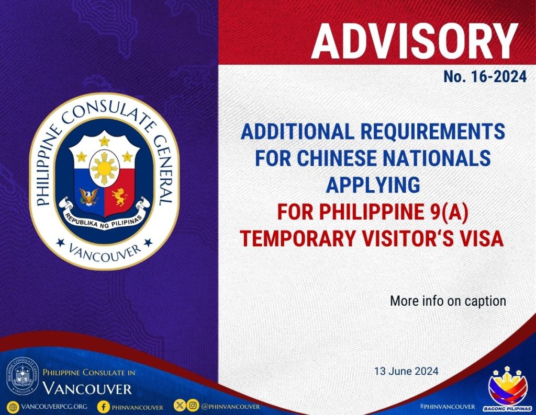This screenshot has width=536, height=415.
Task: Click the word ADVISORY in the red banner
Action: coord(415,41)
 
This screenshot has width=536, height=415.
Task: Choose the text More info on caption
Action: coord(448,301)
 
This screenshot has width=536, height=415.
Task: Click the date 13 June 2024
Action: coord(406,371)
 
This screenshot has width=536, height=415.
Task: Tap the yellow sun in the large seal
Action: coord(104,168)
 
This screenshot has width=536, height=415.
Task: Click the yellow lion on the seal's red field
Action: coord(119,197)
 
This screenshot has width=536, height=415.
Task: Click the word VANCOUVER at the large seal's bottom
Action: coord(105,253)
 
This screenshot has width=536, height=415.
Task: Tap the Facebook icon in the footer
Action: coord(103,407)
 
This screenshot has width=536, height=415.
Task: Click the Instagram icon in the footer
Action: coord(193,406)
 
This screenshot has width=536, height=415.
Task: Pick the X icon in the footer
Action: coord(180,406)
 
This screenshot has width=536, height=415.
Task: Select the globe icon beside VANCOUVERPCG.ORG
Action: coord(13,407)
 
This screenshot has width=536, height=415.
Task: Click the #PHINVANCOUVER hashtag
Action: coord(447,407)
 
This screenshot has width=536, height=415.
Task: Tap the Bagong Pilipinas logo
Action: coord(507,389)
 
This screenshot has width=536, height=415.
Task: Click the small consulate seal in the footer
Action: coord(23,376)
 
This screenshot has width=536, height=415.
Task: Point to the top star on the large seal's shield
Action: coord(104,140)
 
